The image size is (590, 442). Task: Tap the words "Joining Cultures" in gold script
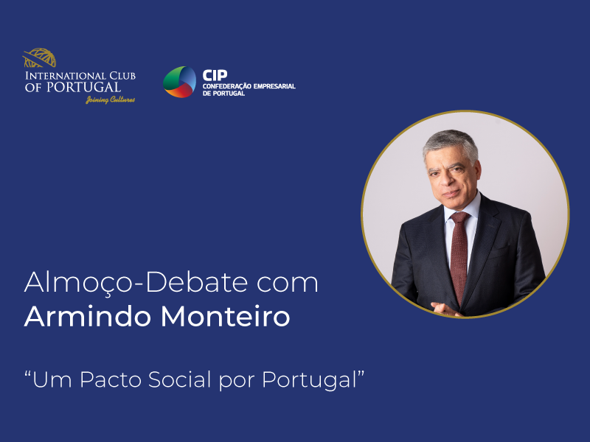point(111,99)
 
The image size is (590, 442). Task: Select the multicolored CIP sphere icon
point(179,82)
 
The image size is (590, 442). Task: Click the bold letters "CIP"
point(215,74)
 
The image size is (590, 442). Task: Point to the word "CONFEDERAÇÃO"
point(227,86)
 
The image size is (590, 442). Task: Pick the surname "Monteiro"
point(224,318)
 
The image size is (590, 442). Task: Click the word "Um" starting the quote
point(47,381)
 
